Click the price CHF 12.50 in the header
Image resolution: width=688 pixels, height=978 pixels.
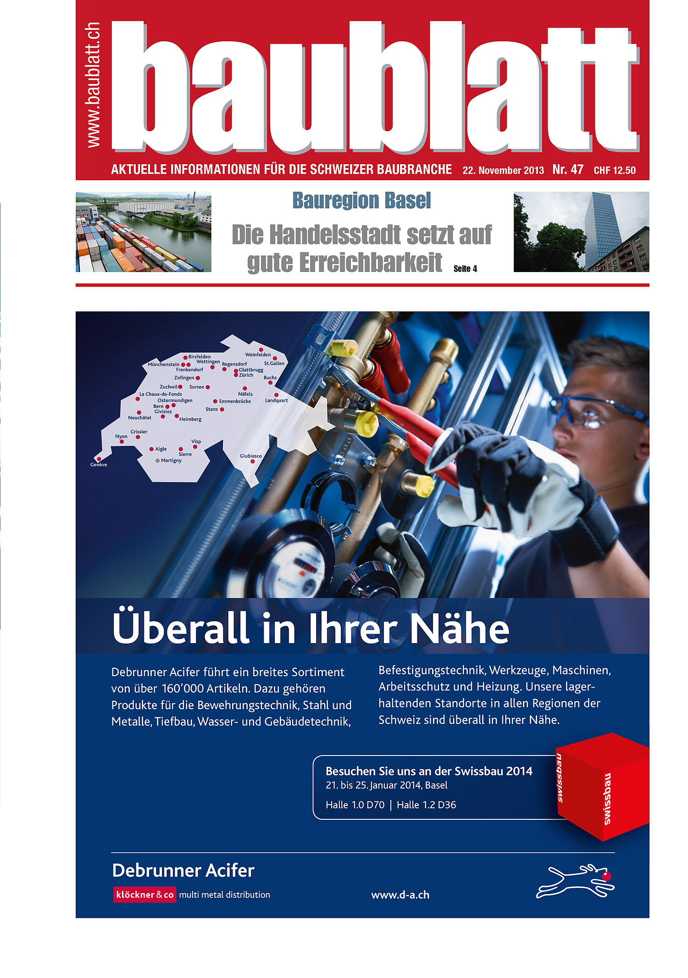[x=614, y=171]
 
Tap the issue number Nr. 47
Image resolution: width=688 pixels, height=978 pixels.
[x=567, y=170]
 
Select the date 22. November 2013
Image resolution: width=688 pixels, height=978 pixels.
[x=503, y=171]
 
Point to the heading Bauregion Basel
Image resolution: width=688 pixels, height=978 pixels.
[x=361, y=201]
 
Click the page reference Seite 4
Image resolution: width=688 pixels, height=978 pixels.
[x=465, y=269]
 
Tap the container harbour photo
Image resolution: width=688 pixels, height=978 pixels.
[x=143, y=232]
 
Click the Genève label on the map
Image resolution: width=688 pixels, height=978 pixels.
[x=99, y=465]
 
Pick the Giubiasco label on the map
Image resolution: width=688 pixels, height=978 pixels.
[x=250, y=456]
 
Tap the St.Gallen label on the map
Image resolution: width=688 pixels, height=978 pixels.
[x=274, y=363]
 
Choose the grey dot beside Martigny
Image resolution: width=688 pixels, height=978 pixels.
[x=157, y=461]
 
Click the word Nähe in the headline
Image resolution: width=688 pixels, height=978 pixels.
[x=459, y=628]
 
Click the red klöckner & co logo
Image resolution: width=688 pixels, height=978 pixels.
[x=144, y=895]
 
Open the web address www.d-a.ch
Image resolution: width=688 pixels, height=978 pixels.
[x=400, y=895]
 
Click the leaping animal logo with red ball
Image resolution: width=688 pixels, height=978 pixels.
[x=575, y=881]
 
